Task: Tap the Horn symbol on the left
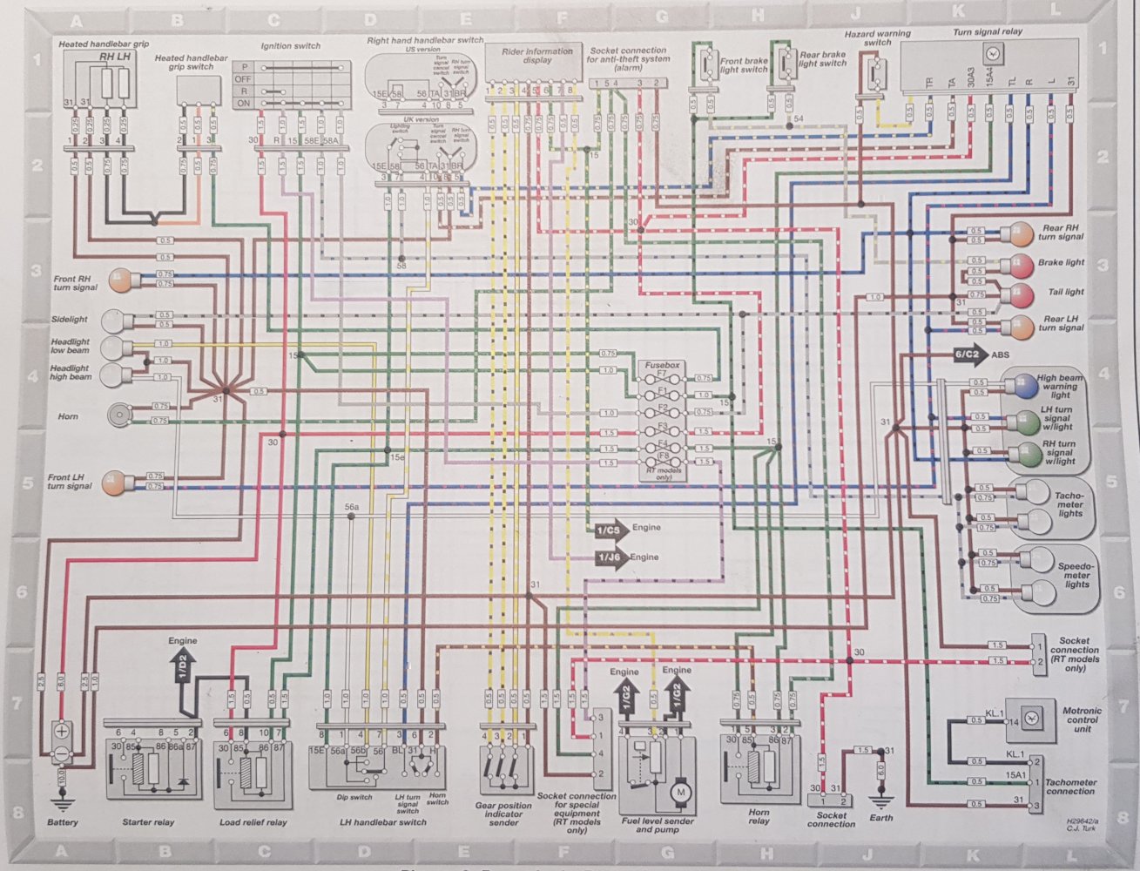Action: coord(118,415)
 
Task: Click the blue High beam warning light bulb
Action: coord(1018,386)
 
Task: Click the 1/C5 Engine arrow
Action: coord(610,529)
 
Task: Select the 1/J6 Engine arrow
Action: coord(610,557)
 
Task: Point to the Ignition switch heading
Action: coord(291,46)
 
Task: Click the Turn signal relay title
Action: coord(988,32)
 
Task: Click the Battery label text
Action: coord(63,822)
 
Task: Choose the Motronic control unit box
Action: coord(1029,719)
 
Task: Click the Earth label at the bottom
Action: coord(880,818)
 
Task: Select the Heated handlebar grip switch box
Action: coord(199,90)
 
